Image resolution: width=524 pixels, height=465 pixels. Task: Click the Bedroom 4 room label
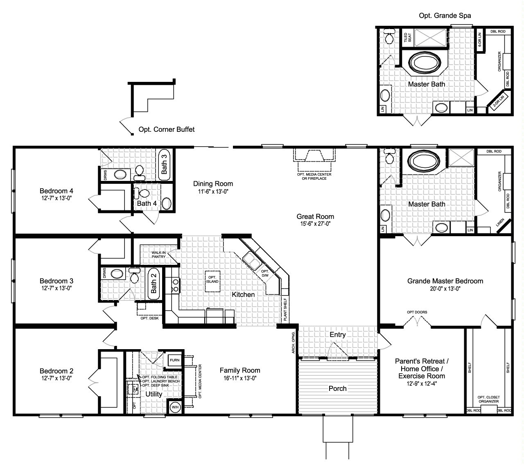(x=56, y=191)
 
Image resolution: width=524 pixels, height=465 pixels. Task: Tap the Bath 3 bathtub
(x=164, y=164)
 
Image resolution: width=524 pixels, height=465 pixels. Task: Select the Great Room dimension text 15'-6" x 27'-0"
(x=315, y=224)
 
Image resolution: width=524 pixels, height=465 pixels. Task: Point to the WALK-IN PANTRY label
(x=158, y=255)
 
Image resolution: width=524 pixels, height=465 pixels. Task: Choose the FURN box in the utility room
(x=175, y=360)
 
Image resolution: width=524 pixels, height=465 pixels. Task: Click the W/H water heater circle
(x=175, y=407)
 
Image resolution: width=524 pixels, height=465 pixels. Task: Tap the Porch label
(x=337, y=388)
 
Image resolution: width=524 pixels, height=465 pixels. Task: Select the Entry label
(x=337, y=334)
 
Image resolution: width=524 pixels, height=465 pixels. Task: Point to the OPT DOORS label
(x=417, y=312)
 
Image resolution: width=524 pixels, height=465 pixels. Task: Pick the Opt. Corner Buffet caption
(x=166, y=129)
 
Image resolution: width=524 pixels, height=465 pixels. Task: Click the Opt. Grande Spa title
(x=445, y=16)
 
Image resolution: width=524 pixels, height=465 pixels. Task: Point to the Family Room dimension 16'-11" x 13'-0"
(x=239, y=378)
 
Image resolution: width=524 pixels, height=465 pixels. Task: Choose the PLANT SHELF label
(x=285, y=309)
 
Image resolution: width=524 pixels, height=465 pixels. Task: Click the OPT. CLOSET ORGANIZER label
(x=488, y=399)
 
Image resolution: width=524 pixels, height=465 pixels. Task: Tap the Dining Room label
(x=213, y=184)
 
